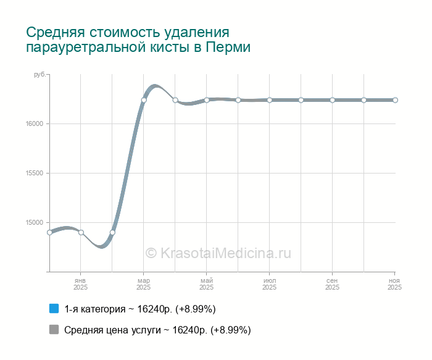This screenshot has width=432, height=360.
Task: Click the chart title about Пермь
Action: (x=138, y=40)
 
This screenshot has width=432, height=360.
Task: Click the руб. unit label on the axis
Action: (x=39, y=75)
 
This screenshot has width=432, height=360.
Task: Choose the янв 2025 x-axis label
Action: (x=81, y=284)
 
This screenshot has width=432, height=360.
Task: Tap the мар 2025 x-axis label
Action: (x=144, y=284)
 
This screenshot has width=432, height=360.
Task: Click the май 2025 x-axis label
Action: (x=207, y=284)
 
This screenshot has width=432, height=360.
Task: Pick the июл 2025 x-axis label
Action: (x=270, y=284)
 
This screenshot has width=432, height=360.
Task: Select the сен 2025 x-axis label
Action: (x=332, y=284)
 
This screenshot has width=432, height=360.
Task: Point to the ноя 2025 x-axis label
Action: (x=395, y=284)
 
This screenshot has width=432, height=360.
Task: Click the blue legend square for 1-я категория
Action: (x=54, y=308)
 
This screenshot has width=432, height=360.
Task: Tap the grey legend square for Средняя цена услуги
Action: (x=54, y=330)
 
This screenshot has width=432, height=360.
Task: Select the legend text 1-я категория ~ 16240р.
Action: (x=139, y=308)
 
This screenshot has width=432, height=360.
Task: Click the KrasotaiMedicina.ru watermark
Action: (x=217, y=253)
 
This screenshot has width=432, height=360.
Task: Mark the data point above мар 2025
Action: (x=144, y=100)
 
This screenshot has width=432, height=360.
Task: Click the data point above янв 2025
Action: (x=81, y=232)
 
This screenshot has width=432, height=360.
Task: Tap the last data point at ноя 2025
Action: (x=395, y=100)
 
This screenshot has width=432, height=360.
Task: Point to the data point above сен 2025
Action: (x=332, y=100)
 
